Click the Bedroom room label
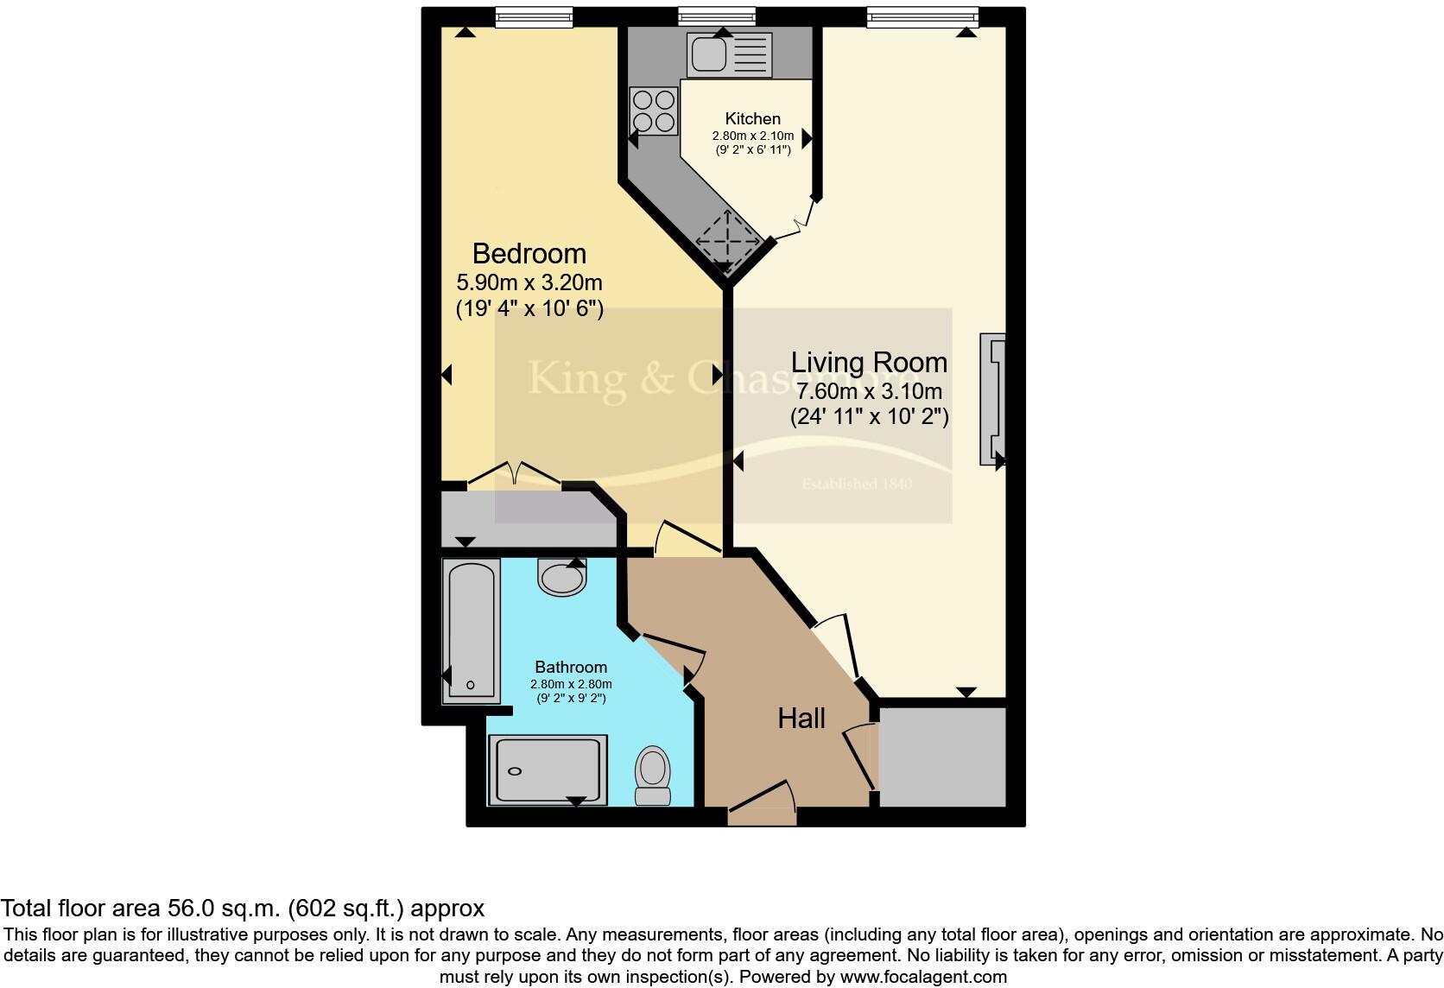pos(529,254)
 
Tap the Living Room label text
pos(869,363)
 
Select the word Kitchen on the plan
pos(752,119)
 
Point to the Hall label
pos(801,719)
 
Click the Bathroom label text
pos(570,667)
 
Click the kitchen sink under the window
pos(728,54)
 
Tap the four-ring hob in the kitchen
pos(653,111)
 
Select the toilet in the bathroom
pos(653,775)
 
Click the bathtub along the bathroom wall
pos(471,630)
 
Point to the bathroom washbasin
pos(562,576)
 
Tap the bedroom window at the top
pos(534,16)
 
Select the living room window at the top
pos(922,16)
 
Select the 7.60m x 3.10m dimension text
pos(869,391)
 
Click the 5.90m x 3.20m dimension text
pos(529,282)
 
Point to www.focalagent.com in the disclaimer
pos(922,977)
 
